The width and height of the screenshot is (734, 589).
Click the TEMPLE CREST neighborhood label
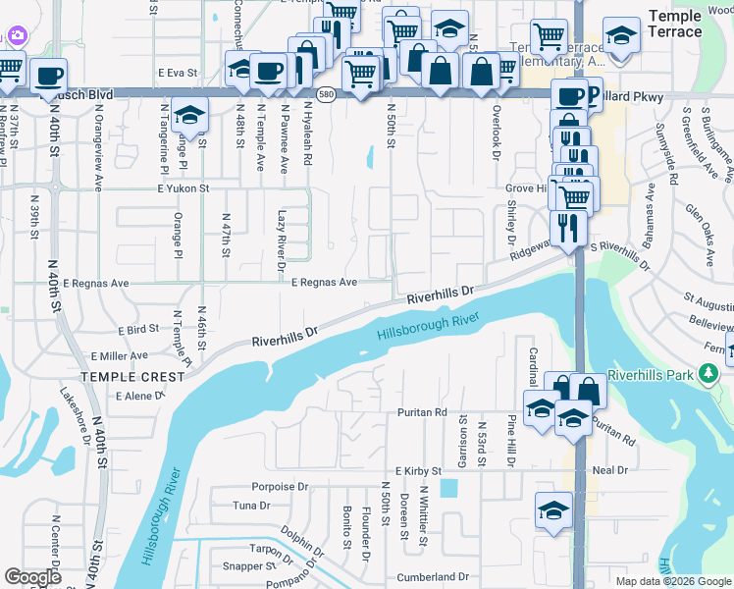coord(132,376)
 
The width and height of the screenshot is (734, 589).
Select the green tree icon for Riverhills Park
coord(707,373)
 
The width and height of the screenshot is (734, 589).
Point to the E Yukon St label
coord(183,187)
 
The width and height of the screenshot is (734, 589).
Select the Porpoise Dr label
coord(280,486)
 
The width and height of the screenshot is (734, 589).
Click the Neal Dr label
coord(609,470)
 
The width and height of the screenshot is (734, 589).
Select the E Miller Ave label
coord(119,356)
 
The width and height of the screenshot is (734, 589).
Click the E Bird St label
coord(137,331)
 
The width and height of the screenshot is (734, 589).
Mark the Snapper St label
coord(248,566)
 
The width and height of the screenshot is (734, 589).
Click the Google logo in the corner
coord(33,577)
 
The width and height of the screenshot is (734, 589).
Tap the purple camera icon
coord(16,35)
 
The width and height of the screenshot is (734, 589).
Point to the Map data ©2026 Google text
coord(672,581)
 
